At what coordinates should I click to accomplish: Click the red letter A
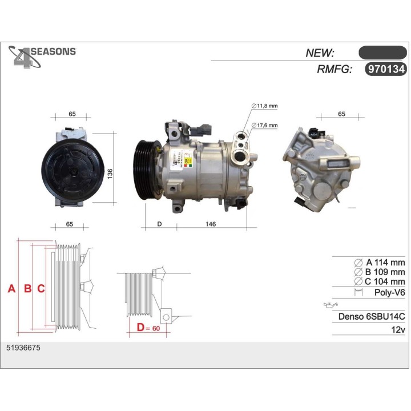click(11, 289)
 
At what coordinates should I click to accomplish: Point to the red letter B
click(27, 289)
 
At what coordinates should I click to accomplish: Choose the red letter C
click(41, 289)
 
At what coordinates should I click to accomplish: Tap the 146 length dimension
click(210, 224)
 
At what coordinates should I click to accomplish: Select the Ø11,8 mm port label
click(264, 106)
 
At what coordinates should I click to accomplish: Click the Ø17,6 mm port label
click(264, 125)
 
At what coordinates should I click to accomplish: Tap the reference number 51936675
click(23, 347)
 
